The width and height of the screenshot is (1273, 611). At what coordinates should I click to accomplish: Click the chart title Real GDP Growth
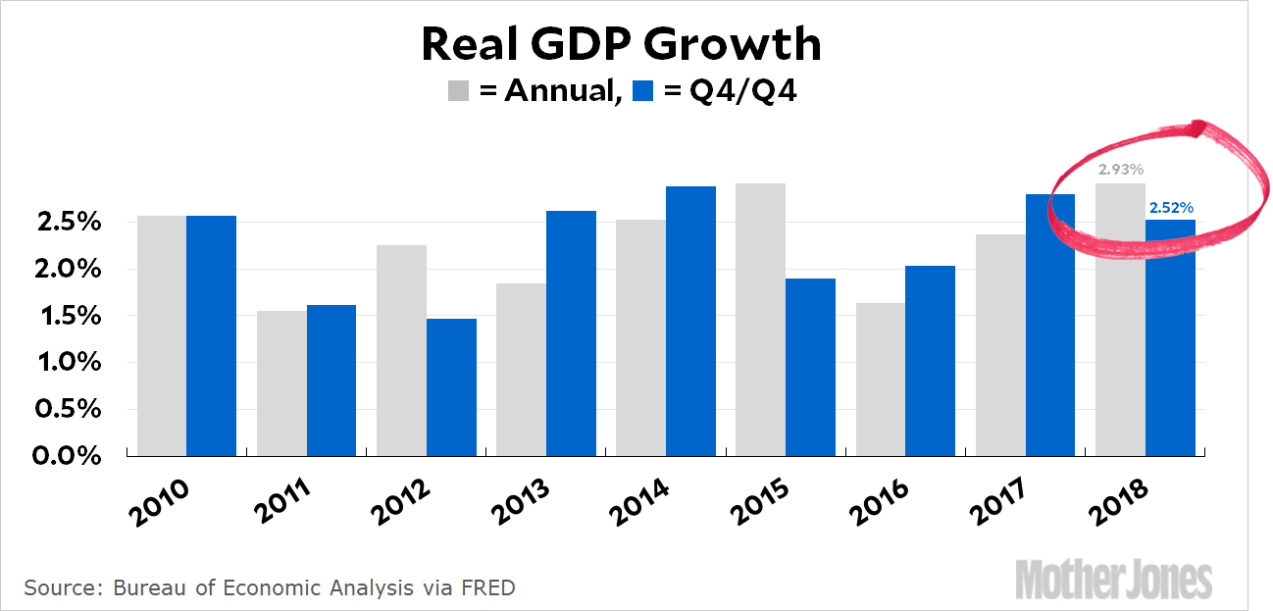[620, 45]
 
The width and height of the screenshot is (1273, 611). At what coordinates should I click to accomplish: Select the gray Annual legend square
[459, 91]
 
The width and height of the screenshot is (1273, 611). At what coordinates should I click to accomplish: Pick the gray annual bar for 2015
[760, 320]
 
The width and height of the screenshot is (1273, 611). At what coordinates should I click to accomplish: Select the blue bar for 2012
[451, 387]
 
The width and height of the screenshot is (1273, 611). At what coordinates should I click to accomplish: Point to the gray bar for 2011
[281, 383]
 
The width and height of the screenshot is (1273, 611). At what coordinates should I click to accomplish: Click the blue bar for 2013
[571, 333]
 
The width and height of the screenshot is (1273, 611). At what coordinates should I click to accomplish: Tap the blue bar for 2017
[1049, 325]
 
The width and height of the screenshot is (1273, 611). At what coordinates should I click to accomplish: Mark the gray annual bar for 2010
[162, 335]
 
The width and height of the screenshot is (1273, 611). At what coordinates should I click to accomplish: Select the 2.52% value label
[1172, 208]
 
